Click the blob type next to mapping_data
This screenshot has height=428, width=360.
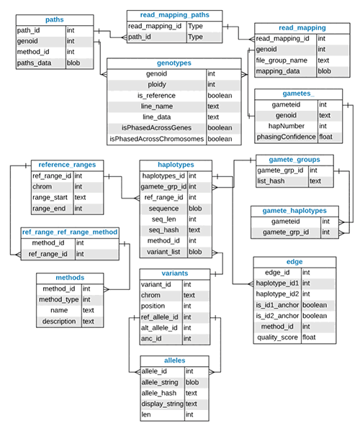(324, 71)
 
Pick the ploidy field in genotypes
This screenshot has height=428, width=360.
(158, 83)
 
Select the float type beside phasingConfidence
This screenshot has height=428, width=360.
(325, 136)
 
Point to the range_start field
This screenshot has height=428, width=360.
(51, 197)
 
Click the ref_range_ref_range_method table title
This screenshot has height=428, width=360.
(69, 232)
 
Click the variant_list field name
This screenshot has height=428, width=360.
(163, 252)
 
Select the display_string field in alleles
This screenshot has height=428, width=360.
(164, 404)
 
